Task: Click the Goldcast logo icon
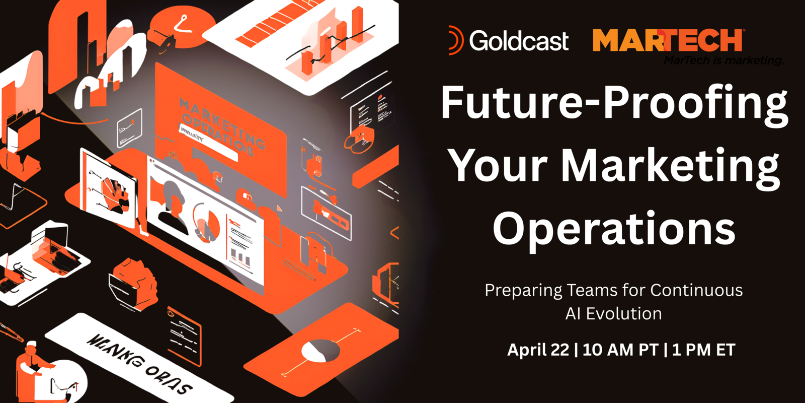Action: [455, 40]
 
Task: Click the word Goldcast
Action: [519, 41]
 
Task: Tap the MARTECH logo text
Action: [667, 41]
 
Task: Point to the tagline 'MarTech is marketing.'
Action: [723, 60]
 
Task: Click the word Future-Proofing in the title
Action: [614, 103]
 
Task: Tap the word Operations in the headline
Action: [614, 229]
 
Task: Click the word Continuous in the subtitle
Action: [696, 290]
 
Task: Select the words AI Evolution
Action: [613, 314]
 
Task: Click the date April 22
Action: [538, 350]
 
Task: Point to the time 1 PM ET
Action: [703, 350]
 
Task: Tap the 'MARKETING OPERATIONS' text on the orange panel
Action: [221, 126]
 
